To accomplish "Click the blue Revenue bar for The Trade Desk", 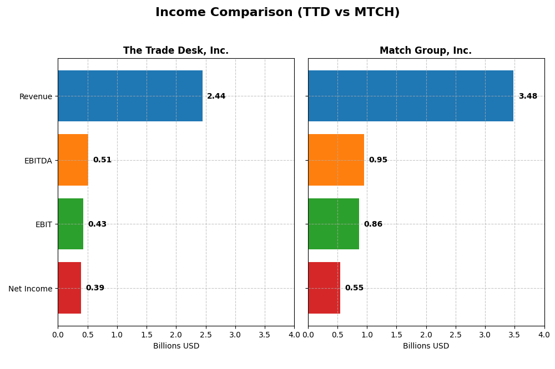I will click(x=130, y=96).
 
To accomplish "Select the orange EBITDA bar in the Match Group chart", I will click(x=336, y=160).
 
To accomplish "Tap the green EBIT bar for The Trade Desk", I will click(x=70, y=224).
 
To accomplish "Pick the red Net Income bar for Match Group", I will click(x=324, y=288).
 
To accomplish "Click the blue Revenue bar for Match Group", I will click(x=411, y=96).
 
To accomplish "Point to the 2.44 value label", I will click(x=216, y=96).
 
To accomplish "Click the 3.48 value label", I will click(x=528, y=96).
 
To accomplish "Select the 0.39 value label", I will click(x=95, y=288).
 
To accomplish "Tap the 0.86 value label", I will click(x=373, y=224).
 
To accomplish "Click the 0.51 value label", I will click(x=102, y=160).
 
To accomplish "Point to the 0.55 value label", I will click(x=354, y=288).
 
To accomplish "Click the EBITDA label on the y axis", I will click(x=38, y=161).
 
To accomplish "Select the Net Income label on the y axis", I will click(x=31, y=289).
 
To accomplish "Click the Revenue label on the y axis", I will click(x=36, y=97).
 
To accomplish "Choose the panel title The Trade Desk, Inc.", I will click(x=176, y=51).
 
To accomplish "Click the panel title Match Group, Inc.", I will click(x=426, y=51).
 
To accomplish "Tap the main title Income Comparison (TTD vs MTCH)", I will click(x=277, y=13).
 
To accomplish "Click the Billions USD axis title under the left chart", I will click(x=176, y=346).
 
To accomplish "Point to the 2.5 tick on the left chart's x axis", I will click(x=205, y=335).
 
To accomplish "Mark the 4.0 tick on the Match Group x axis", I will click(x=544, y=335).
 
